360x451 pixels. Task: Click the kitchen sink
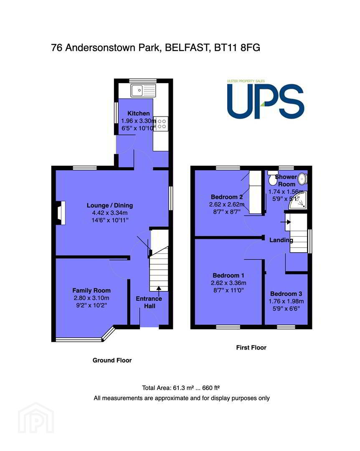tap(143, 90)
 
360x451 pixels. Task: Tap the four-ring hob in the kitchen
tap(161, 124)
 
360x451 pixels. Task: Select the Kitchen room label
tap(138, 113)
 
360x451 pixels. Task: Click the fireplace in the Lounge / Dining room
tap(61, 213)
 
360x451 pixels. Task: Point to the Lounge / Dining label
tap(110, 205)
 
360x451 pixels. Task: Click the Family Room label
tap(91, 291)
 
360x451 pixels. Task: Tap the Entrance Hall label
tap(149, 302)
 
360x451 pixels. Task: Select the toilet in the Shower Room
tap(271, 178)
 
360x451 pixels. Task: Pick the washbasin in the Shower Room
tap(302, 179)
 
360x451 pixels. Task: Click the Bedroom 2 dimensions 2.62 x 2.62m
tap(227, 205)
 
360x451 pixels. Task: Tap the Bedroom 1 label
tap(228, 275)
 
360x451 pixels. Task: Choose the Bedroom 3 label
tap(286, 294)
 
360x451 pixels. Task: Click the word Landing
tap(281, 240)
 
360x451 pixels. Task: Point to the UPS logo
tap(265, 99)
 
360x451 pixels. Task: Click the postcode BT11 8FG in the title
tap(237, 48)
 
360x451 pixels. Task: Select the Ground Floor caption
tap(112, 360)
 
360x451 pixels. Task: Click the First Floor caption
tap(251, 348)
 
